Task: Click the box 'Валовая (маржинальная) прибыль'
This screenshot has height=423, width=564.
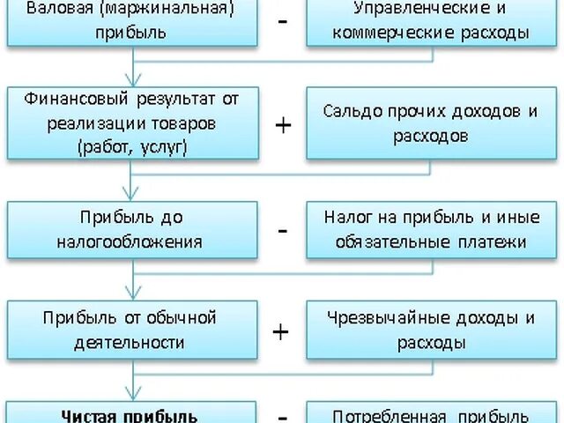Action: [132, 22]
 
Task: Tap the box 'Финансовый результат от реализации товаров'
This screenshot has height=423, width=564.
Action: [132, 122]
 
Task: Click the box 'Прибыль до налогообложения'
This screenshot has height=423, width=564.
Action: [132, 229]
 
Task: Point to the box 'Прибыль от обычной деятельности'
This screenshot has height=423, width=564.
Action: [132, 330]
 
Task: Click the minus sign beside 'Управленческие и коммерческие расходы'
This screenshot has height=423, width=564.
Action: [283, 20]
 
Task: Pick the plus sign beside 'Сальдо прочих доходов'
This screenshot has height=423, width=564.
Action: [283, 124]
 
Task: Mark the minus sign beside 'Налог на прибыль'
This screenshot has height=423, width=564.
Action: [283, 230]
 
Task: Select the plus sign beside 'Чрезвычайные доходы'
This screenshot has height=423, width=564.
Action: [281, 331]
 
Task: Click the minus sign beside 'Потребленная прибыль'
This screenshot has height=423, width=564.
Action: [283, 414]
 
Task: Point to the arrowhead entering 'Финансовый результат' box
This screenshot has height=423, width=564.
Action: [132, 80]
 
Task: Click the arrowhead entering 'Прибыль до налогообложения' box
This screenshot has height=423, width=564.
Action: [132, 195]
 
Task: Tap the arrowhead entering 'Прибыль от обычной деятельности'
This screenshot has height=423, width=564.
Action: [132, 294]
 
